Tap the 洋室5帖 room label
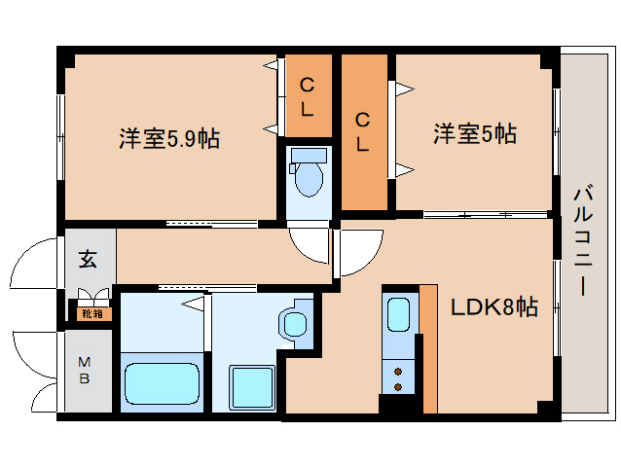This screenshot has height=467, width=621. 474,134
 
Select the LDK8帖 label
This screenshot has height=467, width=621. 493,307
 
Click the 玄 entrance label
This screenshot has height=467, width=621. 88,259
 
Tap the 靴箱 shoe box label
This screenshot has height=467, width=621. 92,313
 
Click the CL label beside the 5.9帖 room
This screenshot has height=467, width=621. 307,96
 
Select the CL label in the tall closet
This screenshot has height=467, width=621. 362,131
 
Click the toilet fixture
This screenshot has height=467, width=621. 310,175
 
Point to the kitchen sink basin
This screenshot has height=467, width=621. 399,315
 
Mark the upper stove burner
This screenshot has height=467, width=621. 398,371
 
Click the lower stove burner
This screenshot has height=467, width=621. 398,387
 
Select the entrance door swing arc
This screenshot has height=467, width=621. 37,262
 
